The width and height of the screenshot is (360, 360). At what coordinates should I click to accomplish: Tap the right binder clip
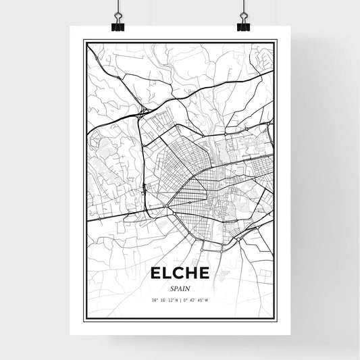[242, 24]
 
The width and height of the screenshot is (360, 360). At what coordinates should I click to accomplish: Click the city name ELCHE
[180, 274]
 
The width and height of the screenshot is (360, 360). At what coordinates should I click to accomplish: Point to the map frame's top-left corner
[84, 41]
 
